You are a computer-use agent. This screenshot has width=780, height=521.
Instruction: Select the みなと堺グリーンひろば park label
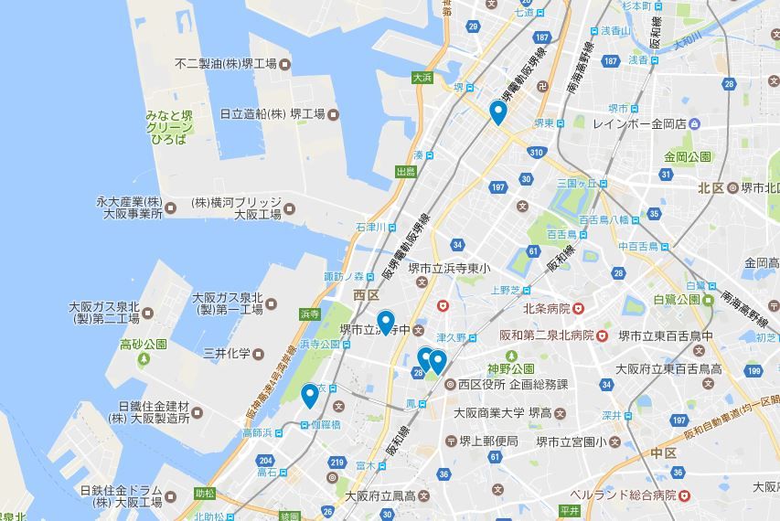click(x=168, y=127)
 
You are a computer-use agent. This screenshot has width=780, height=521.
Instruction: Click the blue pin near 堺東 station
click(x=497, y=112)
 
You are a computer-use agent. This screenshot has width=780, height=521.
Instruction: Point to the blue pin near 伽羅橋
click(x=310, y=396)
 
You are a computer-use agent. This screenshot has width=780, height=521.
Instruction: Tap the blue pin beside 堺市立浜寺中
click(x=386, y=323)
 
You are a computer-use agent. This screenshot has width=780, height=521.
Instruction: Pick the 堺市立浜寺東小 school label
click(x=449, y=268)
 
